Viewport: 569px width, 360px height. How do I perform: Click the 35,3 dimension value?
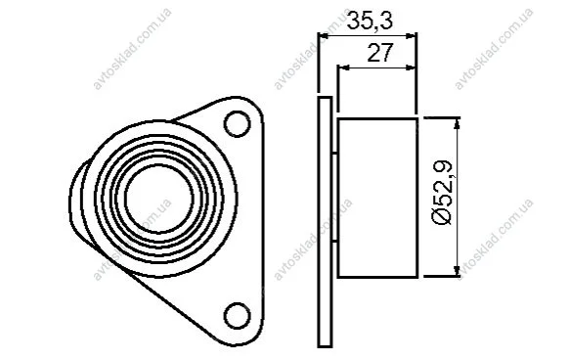click(370, 22)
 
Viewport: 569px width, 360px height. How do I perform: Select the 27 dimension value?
click(380, 52)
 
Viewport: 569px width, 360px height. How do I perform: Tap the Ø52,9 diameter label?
click(443, 193)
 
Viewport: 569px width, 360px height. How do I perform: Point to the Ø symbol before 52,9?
click(443, 217)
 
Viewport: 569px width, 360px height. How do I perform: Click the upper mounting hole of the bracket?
click(238, 124)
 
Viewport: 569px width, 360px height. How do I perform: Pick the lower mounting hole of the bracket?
click(238, 316)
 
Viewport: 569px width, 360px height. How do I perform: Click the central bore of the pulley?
click(159, 198)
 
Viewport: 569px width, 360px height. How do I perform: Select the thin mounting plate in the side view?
click(325, 222)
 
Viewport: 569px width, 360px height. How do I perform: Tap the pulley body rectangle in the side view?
click(377, 198)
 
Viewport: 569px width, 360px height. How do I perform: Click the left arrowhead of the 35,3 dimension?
click(323, 36)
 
